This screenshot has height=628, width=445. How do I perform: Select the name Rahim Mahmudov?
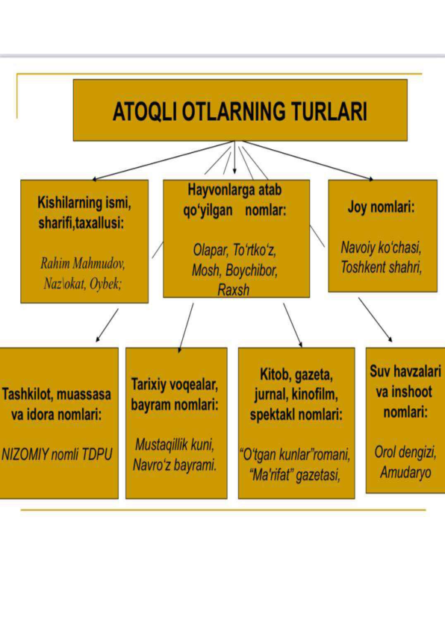(83, 263)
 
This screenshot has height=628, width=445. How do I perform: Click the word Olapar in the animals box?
(210, 250)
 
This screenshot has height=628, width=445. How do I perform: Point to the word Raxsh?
(233, 289)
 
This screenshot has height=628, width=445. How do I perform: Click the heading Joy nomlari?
(381, 207)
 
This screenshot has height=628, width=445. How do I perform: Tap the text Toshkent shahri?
(381, 267)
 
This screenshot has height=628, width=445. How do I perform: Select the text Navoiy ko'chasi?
(381, 248)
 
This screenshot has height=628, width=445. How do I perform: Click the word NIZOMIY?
(25, 454)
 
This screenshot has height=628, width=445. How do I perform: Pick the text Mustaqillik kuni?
(175, 445)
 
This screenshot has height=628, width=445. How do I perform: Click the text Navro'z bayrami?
(175, 465)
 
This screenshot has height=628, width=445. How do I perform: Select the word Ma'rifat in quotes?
(270, 475)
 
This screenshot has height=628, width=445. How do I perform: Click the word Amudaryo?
(405, 473)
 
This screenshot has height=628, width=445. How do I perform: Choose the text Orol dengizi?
(405, 452)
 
